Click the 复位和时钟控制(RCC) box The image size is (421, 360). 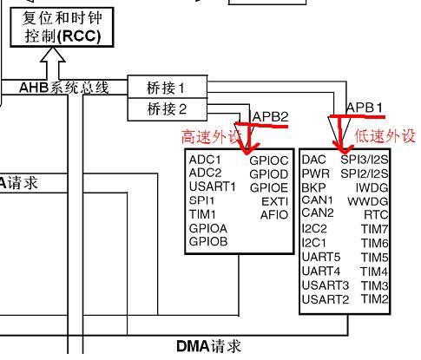coord(56,25)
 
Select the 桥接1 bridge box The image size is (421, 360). coord(168,88)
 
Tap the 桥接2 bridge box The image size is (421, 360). coord(168,108)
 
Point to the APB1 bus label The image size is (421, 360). coord(365,107)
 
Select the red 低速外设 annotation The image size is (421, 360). coord(385,136)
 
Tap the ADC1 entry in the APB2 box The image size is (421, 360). coord(206,160)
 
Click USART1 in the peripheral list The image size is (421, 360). coord(213,187)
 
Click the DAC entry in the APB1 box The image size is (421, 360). coord(313,160)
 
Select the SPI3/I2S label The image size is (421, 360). coord(364,160)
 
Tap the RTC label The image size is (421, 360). coord(377,213)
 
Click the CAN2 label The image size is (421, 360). coord(317,213)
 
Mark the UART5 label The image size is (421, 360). coord(321,257)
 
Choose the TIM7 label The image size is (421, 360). coord(375,228)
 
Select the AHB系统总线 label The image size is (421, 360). coord(65,87)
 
